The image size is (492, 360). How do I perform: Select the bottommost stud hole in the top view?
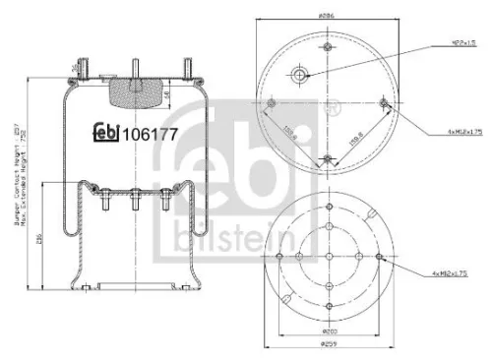click(326, 158)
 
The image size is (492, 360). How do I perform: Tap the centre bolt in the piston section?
click(130, 210)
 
